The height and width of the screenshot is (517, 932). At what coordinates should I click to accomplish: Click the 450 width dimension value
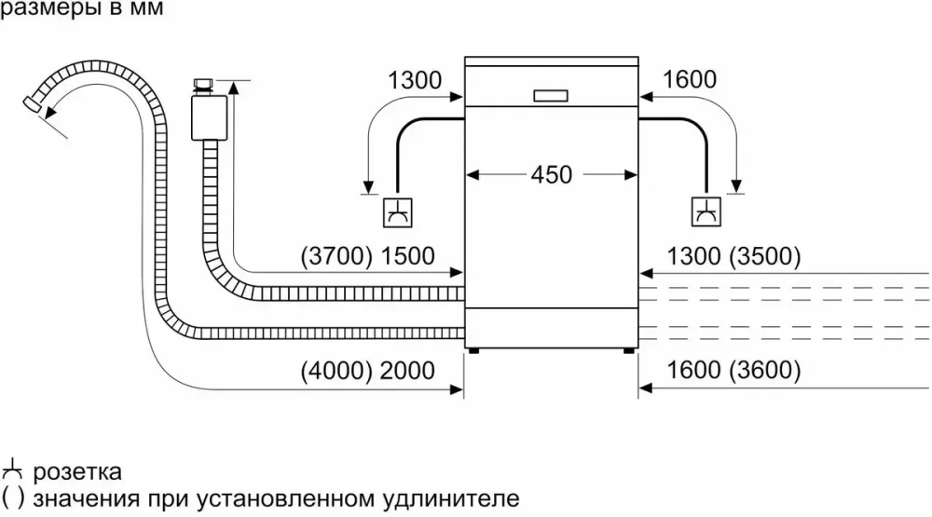tap(552, 174)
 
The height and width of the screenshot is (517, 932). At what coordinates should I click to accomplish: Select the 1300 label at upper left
tap(415, 80)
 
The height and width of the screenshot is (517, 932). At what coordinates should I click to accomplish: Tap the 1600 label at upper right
tap(690, 80)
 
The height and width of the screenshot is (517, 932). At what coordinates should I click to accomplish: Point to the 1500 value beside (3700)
tap(408, 256)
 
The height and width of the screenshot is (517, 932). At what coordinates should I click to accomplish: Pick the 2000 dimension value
tap(408, 371)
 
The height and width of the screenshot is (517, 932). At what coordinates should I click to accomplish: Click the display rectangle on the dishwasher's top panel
tap(551, 96)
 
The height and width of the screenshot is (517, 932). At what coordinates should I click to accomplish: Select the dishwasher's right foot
tap(626, 352)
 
